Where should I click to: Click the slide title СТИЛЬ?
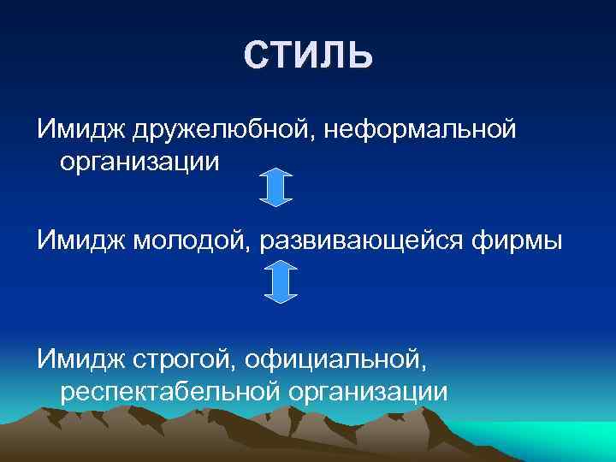[x=308, y=56]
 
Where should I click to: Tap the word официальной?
[x=335, y=359]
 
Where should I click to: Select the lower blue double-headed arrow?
[x=281, y=281]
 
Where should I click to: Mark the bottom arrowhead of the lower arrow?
[x=281, y=296]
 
